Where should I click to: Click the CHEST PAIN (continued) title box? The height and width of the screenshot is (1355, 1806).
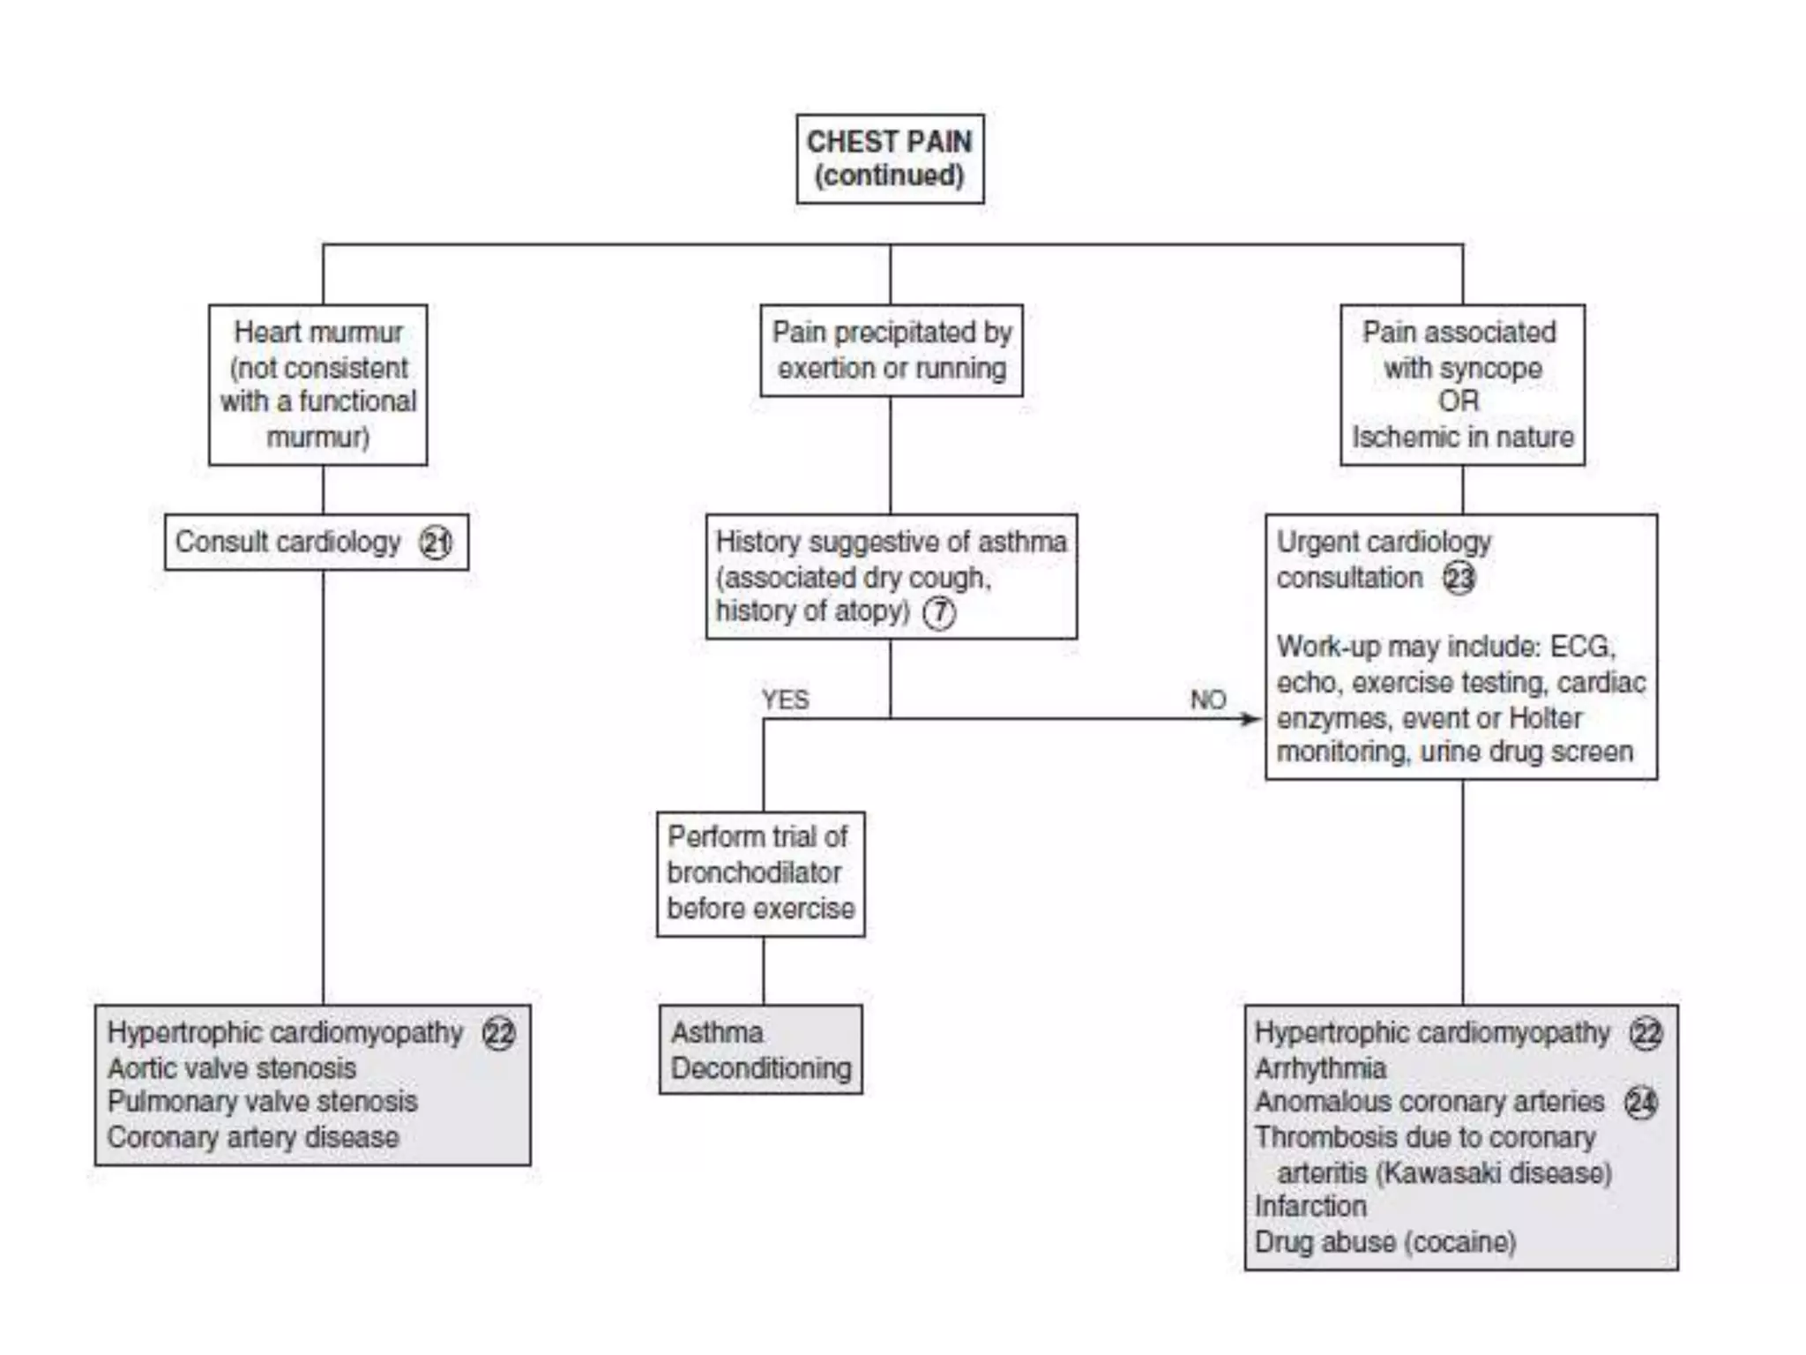click(x=890, y=159)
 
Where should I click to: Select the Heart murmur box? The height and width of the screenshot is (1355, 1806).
click(x=317, y=385)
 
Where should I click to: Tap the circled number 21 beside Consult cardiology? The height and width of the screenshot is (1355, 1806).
click(x=436, y=543)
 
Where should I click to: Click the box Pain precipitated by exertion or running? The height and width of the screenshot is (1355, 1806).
click(x=892, y=350)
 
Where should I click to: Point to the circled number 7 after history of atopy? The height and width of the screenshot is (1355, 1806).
click(x=939, y=612)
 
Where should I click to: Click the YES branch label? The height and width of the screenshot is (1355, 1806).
click(x=785, y=700)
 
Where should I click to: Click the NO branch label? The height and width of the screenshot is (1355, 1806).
click(x=1208, y=700)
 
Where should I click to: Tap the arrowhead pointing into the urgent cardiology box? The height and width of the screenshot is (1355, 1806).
click(x=1253, y=719)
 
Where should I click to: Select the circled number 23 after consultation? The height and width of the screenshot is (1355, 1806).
click(x=1459, y=579)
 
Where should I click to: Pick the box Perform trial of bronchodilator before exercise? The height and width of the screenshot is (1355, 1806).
click(x=760, y=873)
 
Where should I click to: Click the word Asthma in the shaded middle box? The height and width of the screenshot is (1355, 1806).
click(x=717, y=1032)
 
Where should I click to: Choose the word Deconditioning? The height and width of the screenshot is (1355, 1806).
click(x=761, y=1068)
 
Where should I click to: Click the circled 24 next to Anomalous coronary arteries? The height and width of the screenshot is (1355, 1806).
click(x=1640, y=1103)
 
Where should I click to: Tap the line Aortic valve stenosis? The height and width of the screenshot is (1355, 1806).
click(x=232, y=1068)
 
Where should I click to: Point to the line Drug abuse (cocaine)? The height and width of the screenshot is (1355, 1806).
click(x=1385, y=1242)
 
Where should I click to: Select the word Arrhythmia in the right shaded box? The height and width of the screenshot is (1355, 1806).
click(x=1320, y=1068)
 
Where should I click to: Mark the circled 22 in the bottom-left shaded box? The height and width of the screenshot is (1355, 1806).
click(x=499, y=1033)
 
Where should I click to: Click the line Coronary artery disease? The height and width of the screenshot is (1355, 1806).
click(x=253, y=1137)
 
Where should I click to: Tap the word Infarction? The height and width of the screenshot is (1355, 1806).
click(x=1310, y=1206)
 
